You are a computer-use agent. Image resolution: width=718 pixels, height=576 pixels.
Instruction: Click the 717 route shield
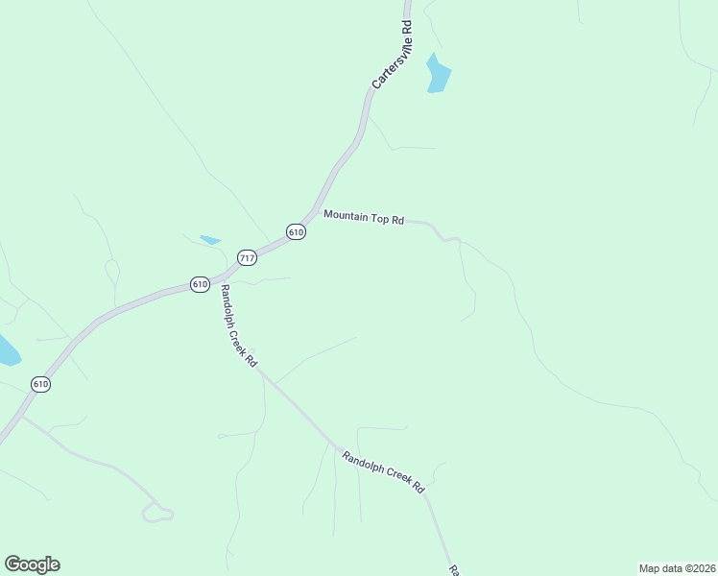248,257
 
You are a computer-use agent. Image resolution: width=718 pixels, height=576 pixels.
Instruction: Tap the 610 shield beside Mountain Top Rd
296,232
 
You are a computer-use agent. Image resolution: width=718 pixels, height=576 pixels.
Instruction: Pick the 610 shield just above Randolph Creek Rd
200,284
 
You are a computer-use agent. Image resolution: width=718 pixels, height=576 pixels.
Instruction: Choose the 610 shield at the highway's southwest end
40,384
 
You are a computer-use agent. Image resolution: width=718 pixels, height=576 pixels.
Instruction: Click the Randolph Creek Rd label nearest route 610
239,326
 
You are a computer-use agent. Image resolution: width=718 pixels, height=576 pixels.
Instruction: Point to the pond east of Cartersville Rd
438,75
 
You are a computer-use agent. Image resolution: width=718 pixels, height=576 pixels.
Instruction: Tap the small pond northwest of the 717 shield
209,239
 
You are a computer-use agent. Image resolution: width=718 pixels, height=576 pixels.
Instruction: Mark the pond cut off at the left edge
7,351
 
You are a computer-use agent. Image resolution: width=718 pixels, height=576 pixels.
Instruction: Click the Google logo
32,564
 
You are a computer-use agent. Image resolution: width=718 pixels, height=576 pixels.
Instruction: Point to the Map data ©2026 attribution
677,567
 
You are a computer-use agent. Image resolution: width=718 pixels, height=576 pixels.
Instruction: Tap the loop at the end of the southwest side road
157,513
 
